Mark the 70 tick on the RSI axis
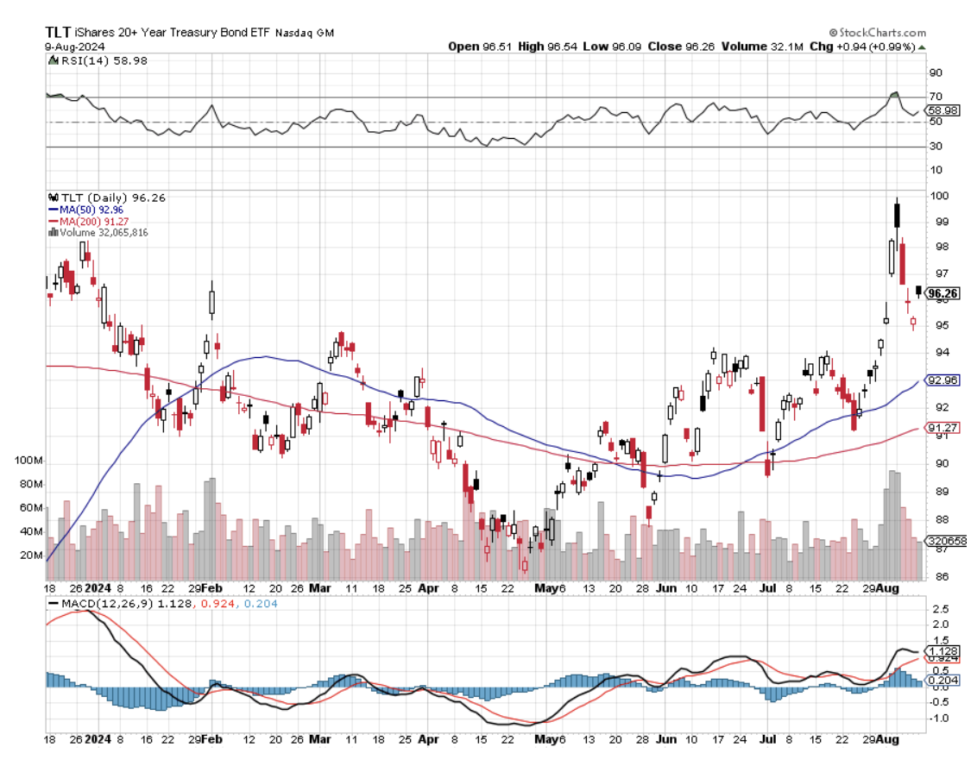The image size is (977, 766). pyautogui.click(x=935, y=97)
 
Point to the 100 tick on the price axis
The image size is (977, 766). pyautogui.click(x=937, y=196)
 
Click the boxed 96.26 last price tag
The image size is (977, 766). pyautogui.click(x=943, y=294)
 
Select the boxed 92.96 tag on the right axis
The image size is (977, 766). pyautogui.click(x=942, y=380)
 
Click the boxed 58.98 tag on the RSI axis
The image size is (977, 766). pyautogui.click(x=942, y=110)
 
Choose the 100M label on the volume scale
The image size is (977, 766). pyautogui.click(x=29, y=461)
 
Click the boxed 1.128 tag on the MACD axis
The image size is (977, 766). pyautogui.click(x=942, y=650)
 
